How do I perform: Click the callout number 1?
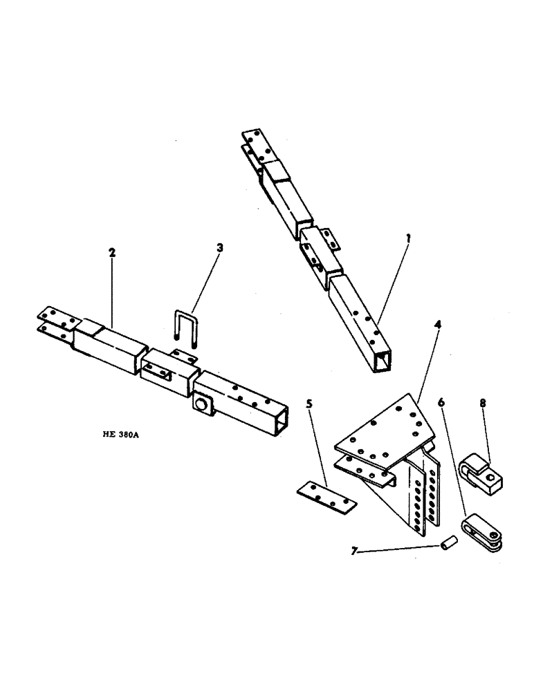pyautogui.click(x=409, y=238)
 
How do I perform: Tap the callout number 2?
pyautogui.click(x=112, y=254)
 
